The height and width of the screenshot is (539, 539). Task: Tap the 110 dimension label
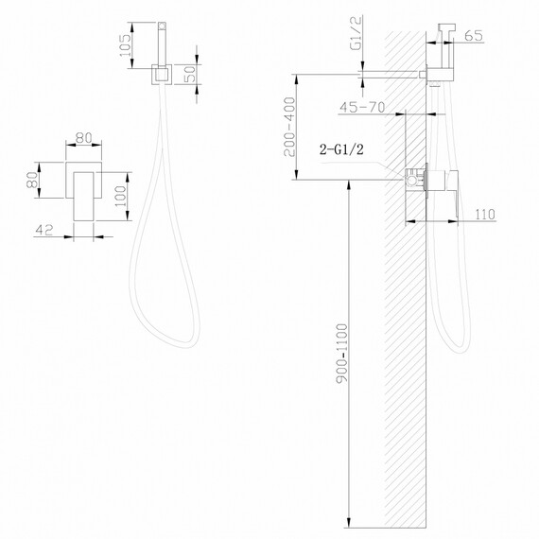tap(486, 216)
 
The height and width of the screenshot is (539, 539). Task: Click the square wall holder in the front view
tap(159, 73)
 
